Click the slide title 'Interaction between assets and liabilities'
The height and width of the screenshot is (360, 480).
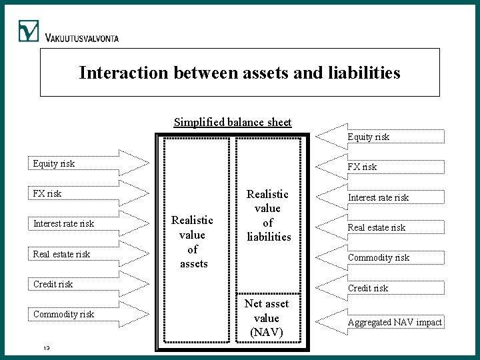click(239, 72)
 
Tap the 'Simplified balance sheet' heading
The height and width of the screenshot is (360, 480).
click(233, 122)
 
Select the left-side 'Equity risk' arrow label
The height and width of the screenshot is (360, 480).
click(54, 163)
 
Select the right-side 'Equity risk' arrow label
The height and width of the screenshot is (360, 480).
click(369, 137)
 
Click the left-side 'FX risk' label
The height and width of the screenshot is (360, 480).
click(47, 193)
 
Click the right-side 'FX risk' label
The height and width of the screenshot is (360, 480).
click(361, 167)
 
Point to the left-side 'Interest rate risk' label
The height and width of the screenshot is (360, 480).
click(63, 223)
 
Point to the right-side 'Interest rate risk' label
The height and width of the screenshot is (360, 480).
click(377, 197)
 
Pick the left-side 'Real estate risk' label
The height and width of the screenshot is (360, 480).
click(61, 254)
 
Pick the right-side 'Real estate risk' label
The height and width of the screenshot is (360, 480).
click(376, 227)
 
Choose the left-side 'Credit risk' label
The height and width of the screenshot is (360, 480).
click(53, 284)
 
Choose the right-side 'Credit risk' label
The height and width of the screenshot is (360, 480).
click(368, 288)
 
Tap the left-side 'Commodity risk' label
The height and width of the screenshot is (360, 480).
click(63, 314)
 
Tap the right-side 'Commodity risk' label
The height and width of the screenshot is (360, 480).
click(378, 257)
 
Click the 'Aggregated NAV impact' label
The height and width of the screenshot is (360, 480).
click(394, 322)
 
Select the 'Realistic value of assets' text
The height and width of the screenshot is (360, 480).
click(193, 241)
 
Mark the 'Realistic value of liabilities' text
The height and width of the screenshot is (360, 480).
click(267, 215)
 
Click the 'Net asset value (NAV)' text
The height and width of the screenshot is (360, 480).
click(267, 317)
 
